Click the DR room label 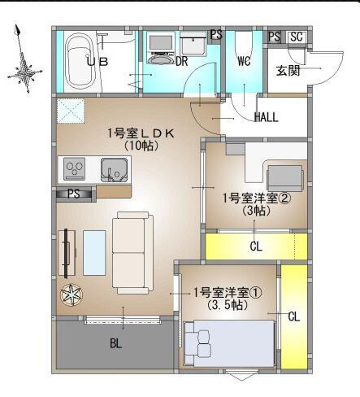pos(182,61)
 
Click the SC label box pos(296,37)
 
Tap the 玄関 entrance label pos(288,71)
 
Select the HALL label pos(266,116)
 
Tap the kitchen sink pos(112,170)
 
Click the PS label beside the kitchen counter pos(73,194)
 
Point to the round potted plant pos(72,294)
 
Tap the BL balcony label pos(115,343)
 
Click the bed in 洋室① pos(219,342)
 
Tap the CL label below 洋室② pos(255,246)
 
